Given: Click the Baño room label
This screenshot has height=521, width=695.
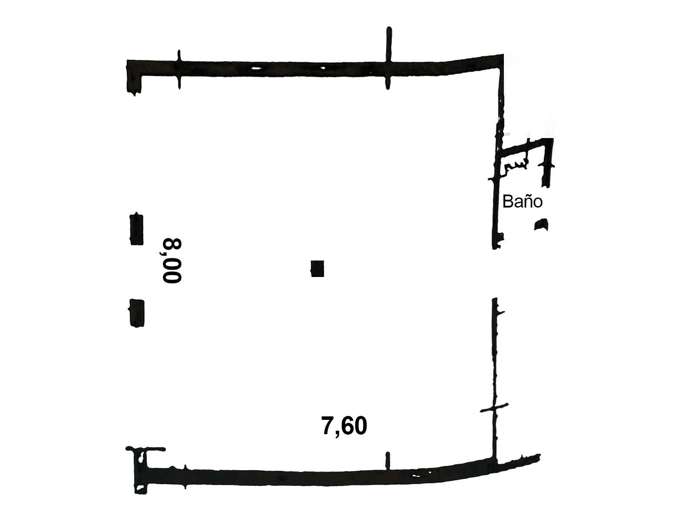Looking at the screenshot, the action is [522, 201].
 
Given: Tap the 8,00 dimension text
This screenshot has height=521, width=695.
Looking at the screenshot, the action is [172, 260].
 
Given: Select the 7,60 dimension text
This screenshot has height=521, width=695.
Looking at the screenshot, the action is [344, 426].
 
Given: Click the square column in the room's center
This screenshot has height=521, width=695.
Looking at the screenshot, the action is [317, 269].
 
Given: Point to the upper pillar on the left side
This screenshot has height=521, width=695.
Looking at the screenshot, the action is [136, 229].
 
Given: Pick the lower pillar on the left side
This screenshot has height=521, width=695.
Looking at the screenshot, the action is [136, 313].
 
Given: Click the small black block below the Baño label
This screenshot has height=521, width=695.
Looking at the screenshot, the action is [541, 224].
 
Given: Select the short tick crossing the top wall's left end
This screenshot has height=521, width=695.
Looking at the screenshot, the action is [179, 69].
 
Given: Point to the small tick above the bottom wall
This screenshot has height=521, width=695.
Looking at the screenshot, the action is [387, 461].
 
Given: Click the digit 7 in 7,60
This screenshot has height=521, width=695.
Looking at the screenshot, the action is [328, 425].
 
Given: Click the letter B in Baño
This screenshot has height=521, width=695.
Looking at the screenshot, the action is [508, 201].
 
